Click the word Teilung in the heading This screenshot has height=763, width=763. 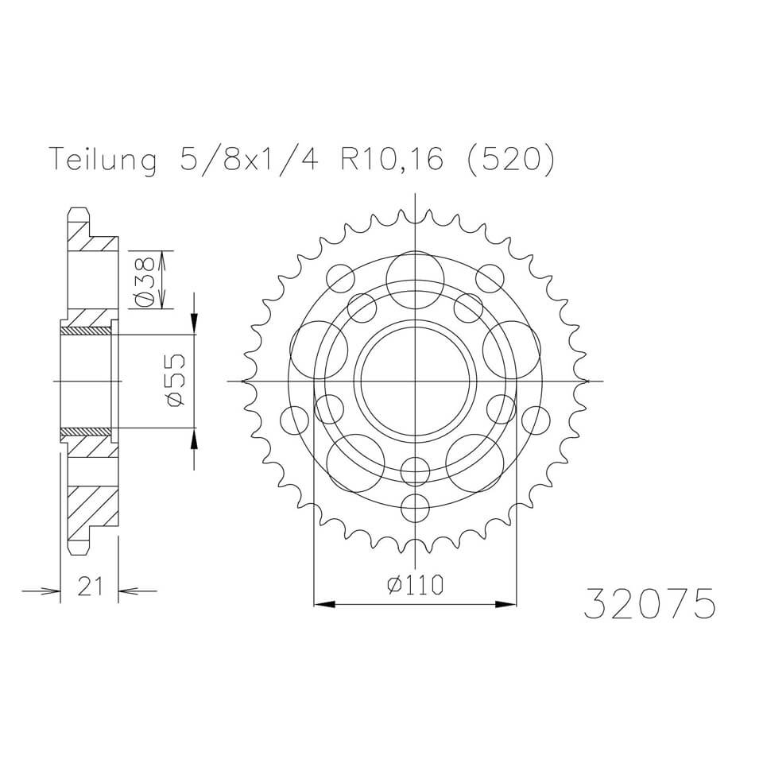[103, 158]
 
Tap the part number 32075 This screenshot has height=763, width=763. [649, 603]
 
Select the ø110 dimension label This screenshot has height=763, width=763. [415, 585]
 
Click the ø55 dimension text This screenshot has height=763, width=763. [176, 380]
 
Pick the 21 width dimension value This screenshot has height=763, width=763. [91, 586]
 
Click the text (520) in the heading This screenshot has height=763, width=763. [510, 158]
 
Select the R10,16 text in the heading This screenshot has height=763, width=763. [391, 158]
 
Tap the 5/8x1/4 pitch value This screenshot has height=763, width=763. [249, 158]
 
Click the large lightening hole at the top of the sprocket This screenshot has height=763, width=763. [415, 281]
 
